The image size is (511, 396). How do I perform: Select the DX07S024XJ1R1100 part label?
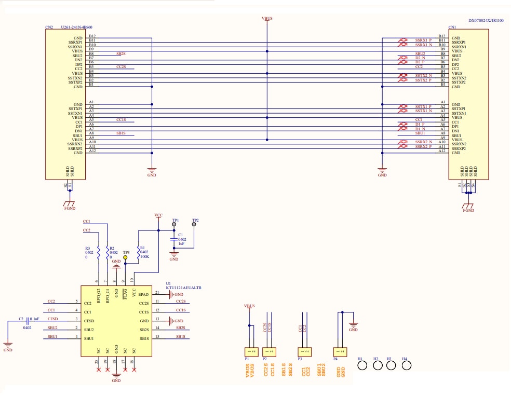tap(485, 20)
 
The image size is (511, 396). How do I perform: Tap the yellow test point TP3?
tap(125, 257)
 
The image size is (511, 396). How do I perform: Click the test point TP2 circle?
tap(195, 225)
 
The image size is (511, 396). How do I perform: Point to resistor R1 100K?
tap(138, 252)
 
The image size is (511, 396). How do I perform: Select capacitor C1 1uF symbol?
tap(174, 239)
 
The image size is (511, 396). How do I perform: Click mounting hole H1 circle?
tap(363, 365)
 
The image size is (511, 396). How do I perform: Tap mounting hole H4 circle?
tap(407, 365)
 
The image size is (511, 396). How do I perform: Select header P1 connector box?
tap(252, 351)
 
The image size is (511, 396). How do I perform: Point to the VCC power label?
tap(158, 214)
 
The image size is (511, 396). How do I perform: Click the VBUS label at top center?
tap(267, 18)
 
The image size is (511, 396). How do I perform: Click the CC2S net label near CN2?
tap(121, 66)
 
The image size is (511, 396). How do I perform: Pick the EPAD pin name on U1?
tap(143, 294)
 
